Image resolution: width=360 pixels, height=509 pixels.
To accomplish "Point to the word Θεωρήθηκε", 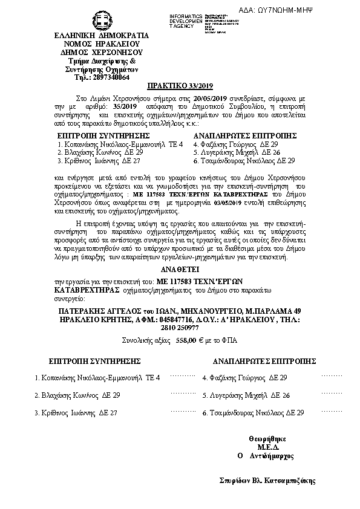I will pos(267,438).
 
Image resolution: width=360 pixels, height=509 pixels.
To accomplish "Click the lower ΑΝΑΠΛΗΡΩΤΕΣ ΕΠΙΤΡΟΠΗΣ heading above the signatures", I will pos(264,360).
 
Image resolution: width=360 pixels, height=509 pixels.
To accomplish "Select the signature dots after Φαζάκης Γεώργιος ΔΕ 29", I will pos(332,375).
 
